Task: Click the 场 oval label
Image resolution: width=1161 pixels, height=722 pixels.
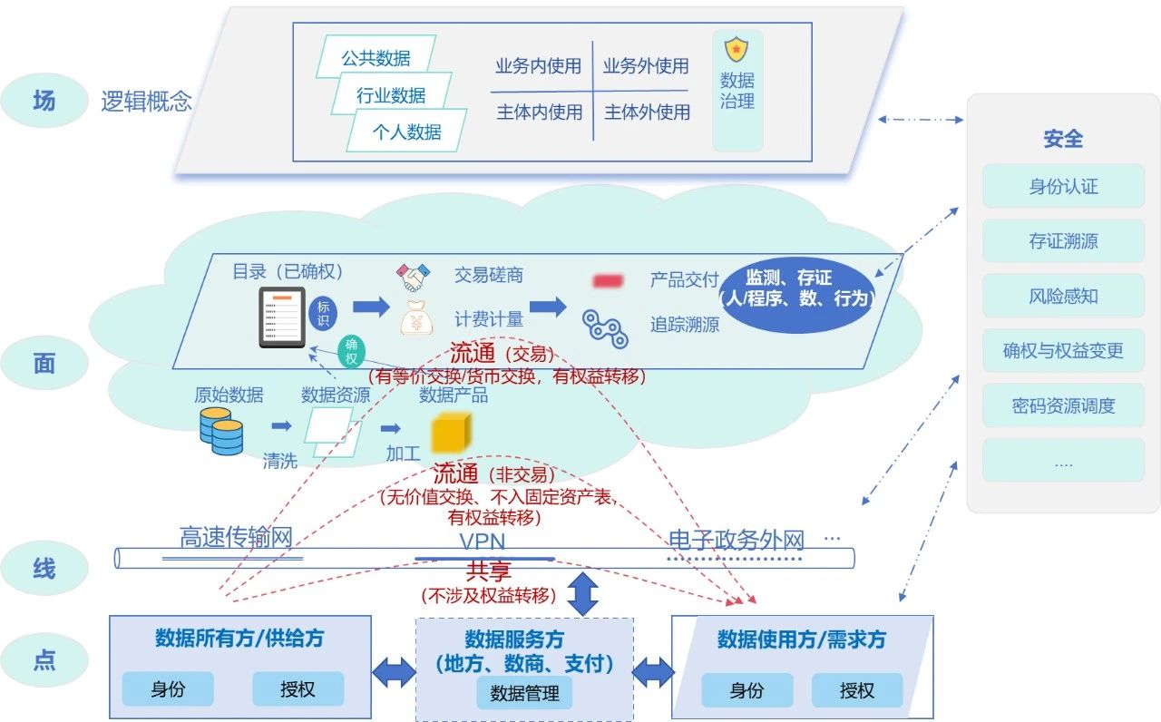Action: click(x=44, y=100)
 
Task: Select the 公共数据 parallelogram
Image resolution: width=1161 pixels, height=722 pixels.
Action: click(x=376, y=57)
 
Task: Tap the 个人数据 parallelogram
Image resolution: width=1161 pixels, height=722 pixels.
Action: click(x=406, y=131)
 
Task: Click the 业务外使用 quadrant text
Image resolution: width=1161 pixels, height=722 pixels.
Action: click(x=646, y=66)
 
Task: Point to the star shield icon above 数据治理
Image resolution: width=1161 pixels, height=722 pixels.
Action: click(x=737, y=47)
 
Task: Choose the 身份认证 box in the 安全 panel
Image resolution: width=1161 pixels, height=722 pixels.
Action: click(x=1063, y=187)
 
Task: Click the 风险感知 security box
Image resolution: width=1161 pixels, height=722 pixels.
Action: click(x=1063, y=296)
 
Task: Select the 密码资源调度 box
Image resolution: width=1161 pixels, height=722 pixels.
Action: click(x=1063, y=405)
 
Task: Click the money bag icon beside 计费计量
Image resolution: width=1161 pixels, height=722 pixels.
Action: click(x=416, y=318)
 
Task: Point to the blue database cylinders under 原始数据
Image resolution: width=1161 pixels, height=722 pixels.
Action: click(x=221, y=431)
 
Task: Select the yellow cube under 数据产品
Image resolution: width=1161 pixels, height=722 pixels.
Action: click(x=447, y=433)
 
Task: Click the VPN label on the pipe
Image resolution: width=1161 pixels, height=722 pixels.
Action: click(x=483, y=542)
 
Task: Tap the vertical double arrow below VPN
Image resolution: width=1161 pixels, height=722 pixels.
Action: click(x=582, y=592)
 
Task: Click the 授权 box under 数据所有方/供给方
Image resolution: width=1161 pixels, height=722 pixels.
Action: click(x=298, y=689)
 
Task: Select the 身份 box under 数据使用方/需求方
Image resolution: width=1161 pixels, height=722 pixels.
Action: click(x=746, y=691)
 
